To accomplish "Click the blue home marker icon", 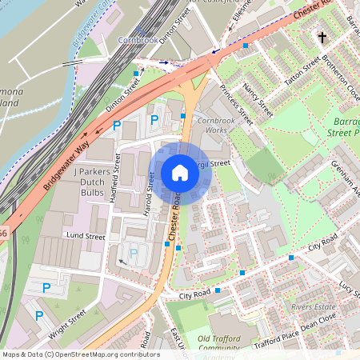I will (180, 173).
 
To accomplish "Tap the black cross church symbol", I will (322, 37).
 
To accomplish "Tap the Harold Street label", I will (150, 191).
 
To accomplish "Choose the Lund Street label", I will (86, 237).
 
